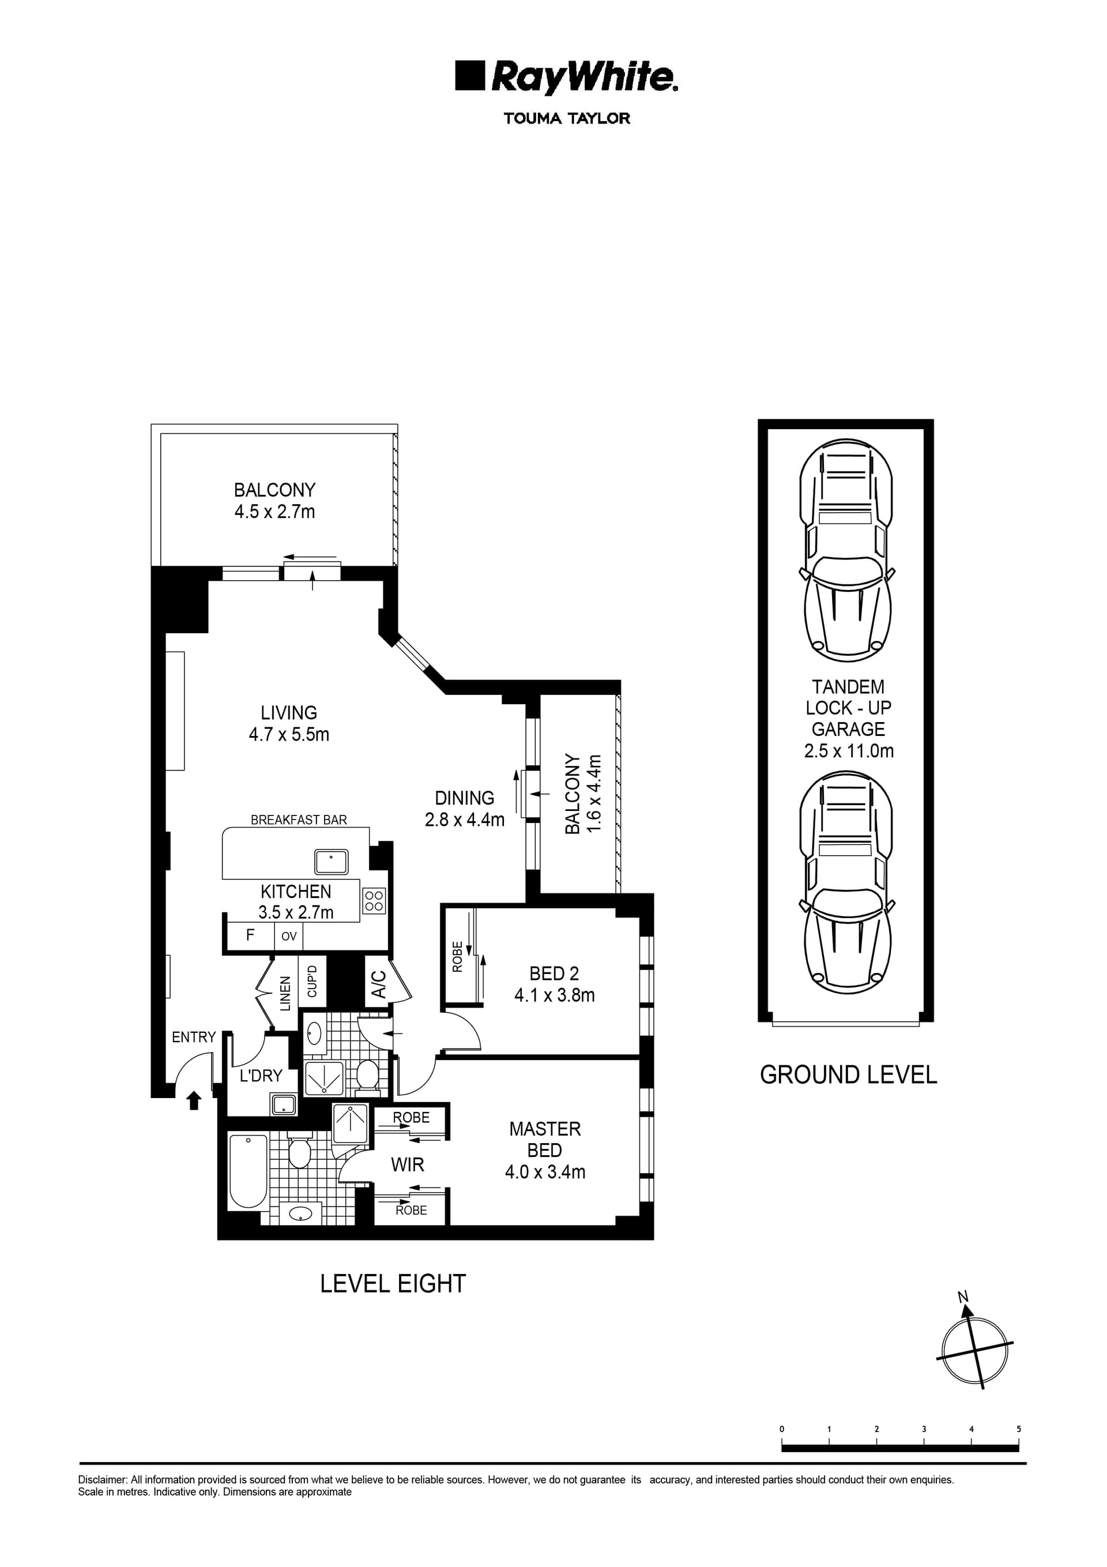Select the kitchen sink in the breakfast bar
[x=331, y=862]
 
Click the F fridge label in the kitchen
[x=250, y=935]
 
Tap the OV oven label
[x=289, y=937]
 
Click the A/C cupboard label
[x=379, y=984]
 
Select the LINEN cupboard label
[x=285, y=993]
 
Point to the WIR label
[x=408, y=1164]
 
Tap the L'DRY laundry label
[x=261, y=1076]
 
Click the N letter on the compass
[x=963, y=1297]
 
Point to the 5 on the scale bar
[x=1018, y=1429]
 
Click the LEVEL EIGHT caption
[x=393, y=1284]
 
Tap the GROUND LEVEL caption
[x=848, y=1075]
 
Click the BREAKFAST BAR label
[x=298, y=820]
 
